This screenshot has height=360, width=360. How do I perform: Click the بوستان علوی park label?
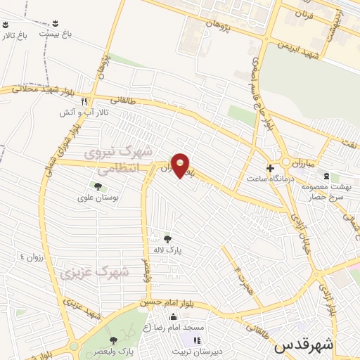pos(98,198)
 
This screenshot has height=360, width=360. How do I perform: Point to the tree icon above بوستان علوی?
pos(98,186)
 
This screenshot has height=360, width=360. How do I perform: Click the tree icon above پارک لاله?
pos(167,238)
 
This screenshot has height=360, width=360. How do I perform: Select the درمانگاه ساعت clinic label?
pos(270,179)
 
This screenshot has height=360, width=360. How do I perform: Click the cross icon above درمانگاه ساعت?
pos(270,167)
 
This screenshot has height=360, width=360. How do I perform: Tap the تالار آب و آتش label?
pos(77,112)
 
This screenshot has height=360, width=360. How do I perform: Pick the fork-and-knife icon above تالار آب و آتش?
pos(84,101)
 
